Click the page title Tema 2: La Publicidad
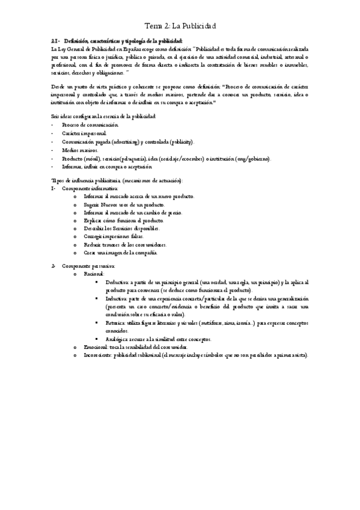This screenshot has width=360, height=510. coord(181,27)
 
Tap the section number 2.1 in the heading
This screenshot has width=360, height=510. coord(54,40)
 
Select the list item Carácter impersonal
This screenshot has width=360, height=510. coord(84,132)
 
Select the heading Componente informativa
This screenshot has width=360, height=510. coord(90,188)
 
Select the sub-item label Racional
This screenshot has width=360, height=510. coord(94,274)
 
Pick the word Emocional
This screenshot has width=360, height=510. coord(97,347)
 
